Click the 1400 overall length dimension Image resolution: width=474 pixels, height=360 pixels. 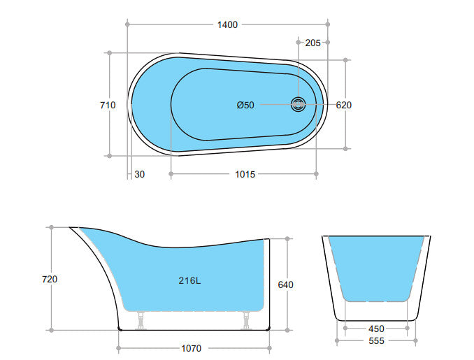227,24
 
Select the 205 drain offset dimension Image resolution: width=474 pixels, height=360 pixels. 313,43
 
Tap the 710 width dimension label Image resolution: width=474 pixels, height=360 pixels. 108,105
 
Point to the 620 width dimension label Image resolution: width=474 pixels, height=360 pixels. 344,106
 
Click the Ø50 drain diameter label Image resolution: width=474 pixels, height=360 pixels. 245,106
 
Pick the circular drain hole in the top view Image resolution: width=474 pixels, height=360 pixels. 299,105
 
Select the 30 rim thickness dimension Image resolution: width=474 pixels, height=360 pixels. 140,174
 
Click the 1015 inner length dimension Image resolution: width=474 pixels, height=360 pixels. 245,174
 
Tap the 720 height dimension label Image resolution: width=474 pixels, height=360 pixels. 50,279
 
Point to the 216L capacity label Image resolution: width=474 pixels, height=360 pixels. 189,281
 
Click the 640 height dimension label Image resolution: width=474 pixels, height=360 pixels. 286,285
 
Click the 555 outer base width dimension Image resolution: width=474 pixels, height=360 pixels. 376,341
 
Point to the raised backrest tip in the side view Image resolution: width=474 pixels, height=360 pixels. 74,229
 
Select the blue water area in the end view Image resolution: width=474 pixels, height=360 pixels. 376,266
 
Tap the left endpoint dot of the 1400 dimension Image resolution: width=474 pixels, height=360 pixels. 127,24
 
